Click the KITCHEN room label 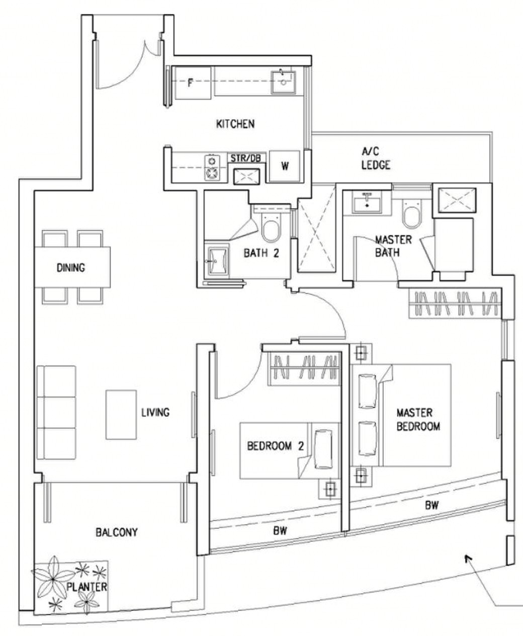235,124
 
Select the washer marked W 284,166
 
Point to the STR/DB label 245,158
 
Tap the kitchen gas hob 212,168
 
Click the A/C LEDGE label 376,158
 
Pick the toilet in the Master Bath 412,214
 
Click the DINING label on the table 71,268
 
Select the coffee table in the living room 121,415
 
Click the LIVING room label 155,412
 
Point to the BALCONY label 117,532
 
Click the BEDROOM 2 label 276,446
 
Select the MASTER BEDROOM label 418,420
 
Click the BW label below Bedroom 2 280,531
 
